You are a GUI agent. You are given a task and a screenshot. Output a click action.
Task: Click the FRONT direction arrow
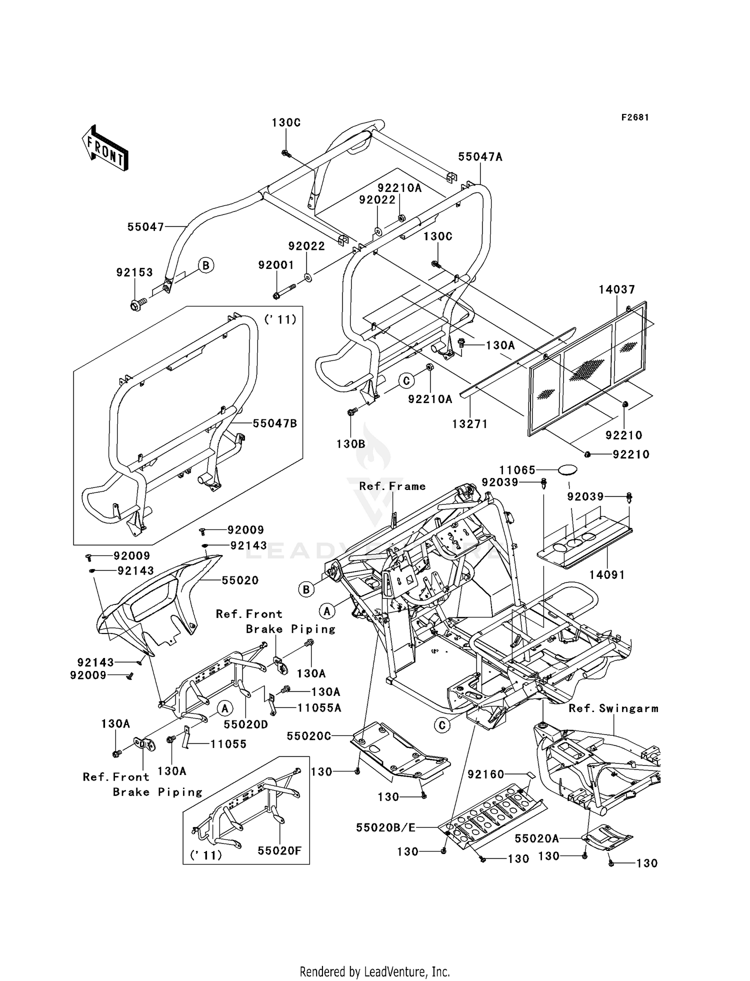(105, 148)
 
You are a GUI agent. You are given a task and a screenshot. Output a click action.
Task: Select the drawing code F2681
(635, 117)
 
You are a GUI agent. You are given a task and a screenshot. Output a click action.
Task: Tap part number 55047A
(480, 157)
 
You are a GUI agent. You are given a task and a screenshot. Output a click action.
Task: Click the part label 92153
(134, 272)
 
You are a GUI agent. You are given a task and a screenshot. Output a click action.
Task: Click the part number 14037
(616, 289)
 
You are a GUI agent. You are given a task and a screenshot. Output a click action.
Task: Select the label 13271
(469, 424)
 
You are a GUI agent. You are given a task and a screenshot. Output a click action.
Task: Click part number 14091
(606, 575)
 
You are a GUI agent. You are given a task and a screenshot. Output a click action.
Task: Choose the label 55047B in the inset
(274, 423)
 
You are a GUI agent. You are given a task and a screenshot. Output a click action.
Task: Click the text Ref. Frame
(392, 486)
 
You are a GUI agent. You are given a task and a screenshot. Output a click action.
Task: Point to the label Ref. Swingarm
(613, 708)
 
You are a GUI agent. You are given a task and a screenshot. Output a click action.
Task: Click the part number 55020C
(308, 736)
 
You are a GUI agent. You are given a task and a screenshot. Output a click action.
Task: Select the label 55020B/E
(385, 827)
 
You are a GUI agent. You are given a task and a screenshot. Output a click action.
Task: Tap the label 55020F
(279, 850)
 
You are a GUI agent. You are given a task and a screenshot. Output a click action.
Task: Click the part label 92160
(485, 774)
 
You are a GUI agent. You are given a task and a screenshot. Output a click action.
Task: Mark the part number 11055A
(319, 707)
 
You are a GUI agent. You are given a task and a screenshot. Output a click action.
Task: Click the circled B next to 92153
(205, 265)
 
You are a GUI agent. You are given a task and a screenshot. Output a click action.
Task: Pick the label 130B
(350, 444)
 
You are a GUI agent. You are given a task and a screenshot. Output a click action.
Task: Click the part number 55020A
(536, 838)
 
